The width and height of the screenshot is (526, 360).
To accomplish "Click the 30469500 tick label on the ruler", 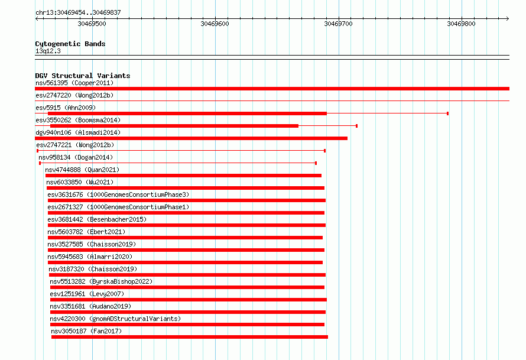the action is coord(92,24).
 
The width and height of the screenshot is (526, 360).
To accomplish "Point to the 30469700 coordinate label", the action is coord(338,24).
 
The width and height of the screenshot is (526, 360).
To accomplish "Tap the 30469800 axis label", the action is coord(461,24).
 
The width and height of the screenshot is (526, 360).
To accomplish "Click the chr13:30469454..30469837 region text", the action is coord(78,12).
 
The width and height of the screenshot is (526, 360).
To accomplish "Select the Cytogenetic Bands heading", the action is coord(70,44).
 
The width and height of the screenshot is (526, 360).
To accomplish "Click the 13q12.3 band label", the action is coord(48,51).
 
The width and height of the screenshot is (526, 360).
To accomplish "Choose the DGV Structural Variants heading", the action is coord(83,76).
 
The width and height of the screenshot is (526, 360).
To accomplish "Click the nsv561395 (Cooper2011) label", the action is coord(74,83).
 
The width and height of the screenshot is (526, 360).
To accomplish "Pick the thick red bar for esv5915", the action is coord(187,113).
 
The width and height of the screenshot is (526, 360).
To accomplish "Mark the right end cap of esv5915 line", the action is coord(447,113).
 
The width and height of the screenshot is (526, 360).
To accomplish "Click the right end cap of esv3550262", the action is coord(356,126).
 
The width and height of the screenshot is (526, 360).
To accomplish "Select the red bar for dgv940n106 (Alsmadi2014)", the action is coord(191,138).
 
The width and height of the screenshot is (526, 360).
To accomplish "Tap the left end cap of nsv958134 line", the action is coord(40,163).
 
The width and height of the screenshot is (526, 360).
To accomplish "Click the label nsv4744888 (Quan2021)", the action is coord(82,170).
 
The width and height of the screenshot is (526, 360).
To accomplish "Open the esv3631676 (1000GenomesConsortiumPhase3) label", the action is coord(118,194).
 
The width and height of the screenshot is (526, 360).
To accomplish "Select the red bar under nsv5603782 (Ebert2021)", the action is coord(185,238).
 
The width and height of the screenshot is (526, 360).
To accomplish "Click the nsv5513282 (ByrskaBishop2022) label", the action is coord(101,281).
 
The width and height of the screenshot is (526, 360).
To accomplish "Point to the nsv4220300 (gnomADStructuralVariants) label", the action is coord(115,319).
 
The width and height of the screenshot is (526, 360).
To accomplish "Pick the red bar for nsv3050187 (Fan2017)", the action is coord(190,337).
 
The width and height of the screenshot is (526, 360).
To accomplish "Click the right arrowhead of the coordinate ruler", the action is coord(508,18).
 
